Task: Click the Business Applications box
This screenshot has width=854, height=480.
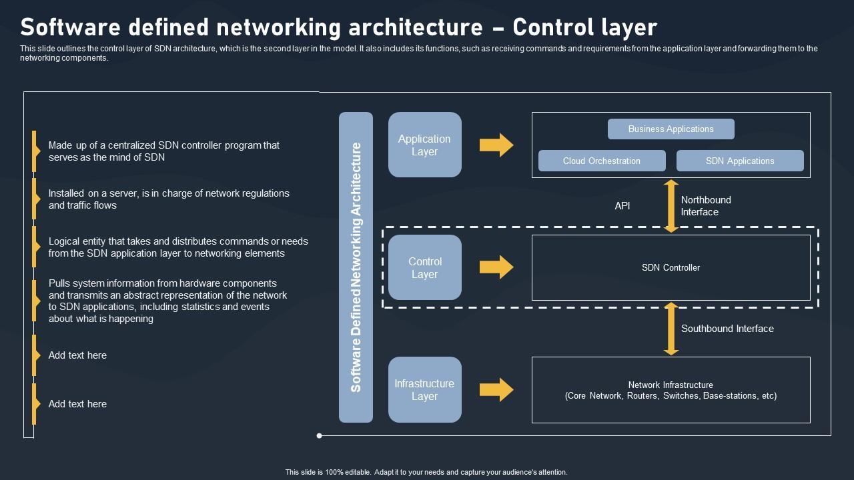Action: [671, 129]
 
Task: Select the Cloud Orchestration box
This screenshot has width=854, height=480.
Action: [602, 161]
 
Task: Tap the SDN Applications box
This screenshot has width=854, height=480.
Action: [740, 161]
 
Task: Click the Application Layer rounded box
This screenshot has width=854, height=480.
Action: [425, 145]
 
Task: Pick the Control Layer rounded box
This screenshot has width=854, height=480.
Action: [425, 267]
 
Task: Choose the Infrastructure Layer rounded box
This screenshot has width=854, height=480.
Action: [425, 390]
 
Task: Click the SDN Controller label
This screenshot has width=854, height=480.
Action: [671, 267]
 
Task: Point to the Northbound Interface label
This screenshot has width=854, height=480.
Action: [706, 206]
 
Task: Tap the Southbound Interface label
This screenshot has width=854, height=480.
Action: [727, 329]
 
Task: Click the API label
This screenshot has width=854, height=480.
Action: [622, 206]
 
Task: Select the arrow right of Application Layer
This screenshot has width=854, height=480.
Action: [496, 145]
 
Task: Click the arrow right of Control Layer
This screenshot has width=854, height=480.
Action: [496, 267]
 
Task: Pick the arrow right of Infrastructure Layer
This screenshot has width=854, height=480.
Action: [496, 390]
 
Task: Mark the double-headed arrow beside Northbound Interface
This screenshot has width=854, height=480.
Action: [671, 206]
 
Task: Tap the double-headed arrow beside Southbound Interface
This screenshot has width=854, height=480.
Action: [671, 329]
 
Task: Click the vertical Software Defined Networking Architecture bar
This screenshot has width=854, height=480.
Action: [356, 267]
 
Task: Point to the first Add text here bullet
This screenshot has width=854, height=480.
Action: [77, 355]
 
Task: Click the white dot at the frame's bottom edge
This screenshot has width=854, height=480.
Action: [320, 435]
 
